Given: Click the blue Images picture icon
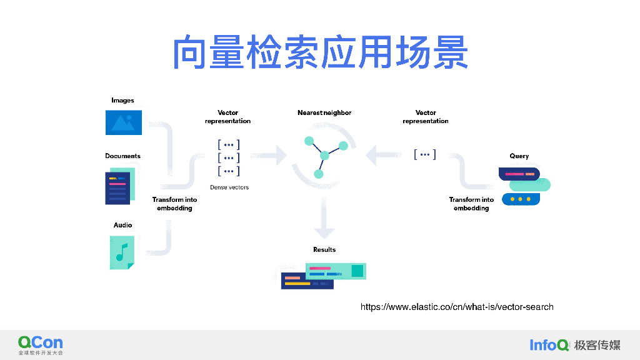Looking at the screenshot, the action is click(124, 122).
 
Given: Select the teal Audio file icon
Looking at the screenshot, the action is click(122, 252).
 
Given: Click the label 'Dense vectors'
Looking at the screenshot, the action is click(229, 187).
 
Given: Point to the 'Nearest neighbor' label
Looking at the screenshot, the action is click(324, 112).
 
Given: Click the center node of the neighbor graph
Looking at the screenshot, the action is click(324, 156).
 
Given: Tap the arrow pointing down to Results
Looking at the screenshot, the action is click(324, 218).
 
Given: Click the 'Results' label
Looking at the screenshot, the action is click(324, 249).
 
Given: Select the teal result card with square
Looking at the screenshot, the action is click(336, 271).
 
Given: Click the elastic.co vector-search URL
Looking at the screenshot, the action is click(457, 307).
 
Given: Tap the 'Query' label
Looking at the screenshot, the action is click(519, 156).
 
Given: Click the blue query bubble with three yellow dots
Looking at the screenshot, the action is click(521, 199).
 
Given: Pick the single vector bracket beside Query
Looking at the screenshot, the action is click(425, 154).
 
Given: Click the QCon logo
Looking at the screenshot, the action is click(41, 345).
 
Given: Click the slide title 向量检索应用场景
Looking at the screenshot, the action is click(321, 52).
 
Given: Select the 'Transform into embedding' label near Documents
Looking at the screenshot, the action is click(175, 204).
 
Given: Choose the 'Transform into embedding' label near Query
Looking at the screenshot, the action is click(471, 204).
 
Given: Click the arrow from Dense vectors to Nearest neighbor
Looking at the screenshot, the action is click(269, 155).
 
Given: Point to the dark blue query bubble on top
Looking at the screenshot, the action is click(519, 174).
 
